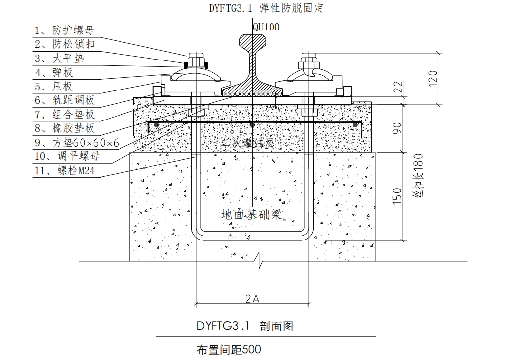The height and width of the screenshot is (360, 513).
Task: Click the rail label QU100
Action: (x=266, y=27)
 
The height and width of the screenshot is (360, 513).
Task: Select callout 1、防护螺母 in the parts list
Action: (x=64, y=30)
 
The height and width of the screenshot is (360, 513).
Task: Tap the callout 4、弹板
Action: (x=54, y=73)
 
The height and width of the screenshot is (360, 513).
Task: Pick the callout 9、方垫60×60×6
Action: (x=76, y=143)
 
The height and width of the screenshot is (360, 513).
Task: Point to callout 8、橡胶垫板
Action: (x=64, y=129)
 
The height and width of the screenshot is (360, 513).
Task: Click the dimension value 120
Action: (x=432, y=78)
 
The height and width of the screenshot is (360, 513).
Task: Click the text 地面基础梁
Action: (x=252, y=214)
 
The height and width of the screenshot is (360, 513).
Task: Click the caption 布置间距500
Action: (x=228, y=350)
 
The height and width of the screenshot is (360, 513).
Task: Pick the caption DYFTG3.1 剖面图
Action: (x=244, y=326)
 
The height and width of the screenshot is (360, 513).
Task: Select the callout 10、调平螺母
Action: (x=67, y=157)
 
